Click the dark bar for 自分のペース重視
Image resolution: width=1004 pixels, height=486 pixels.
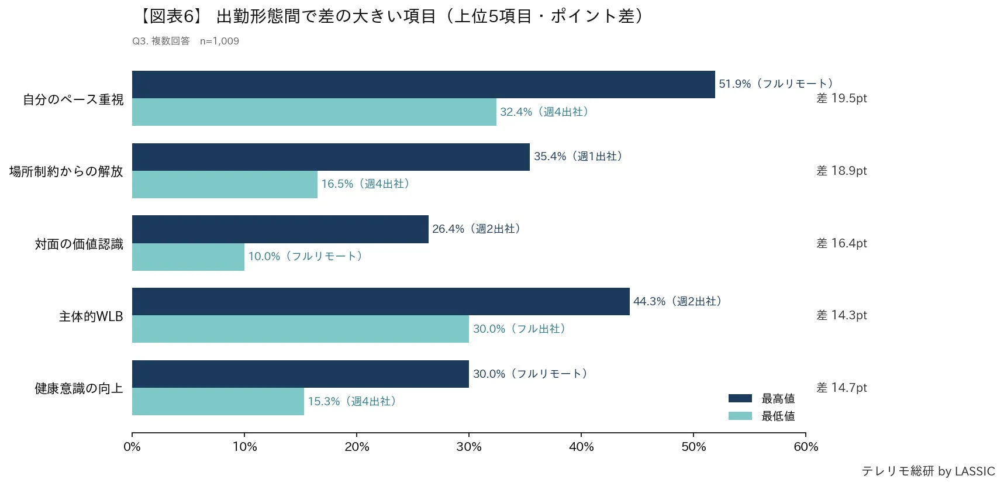(423, 85)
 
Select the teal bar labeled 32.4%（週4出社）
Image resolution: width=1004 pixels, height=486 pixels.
(314, 112)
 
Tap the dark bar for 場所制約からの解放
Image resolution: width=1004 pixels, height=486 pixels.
(330, 157)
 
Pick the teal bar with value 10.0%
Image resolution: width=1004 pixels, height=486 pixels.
(188, 257)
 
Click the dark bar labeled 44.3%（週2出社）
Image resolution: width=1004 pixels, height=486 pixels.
(381, 302)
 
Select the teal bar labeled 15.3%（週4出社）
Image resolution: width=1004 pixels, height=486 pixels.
(218, 402)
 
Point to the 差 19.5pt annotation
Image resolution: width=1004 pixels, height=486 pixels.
(841, 98)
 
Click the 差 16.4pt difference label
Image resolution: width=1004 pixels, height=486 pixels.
(841, 243)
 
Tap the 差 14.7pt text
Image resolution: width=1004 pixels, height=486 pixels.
(841, 388)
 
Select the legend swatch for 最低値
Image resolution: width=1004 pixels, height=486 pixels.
(740, 416)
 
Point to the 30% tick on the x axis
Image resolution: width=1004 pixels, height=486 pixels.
(469, 447)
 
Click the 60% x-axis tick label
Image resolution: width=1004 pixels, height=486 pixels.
(806, 447)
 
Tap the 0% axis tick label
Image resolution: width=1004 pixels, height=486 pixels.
(132, 447)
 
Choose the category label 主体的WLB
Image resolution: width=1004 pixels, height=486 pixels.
(91, 316)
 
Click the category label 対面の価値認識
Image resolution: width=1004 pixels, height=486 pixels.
(79, 244)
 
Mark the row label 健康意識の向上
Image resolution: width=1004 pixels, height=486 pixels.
(79, 388)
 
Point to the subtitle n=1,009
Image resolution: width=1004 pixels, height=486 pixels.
(219, 41)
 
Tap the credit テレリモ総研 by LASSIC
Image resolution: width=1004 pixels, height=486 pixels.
(928, 471)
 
